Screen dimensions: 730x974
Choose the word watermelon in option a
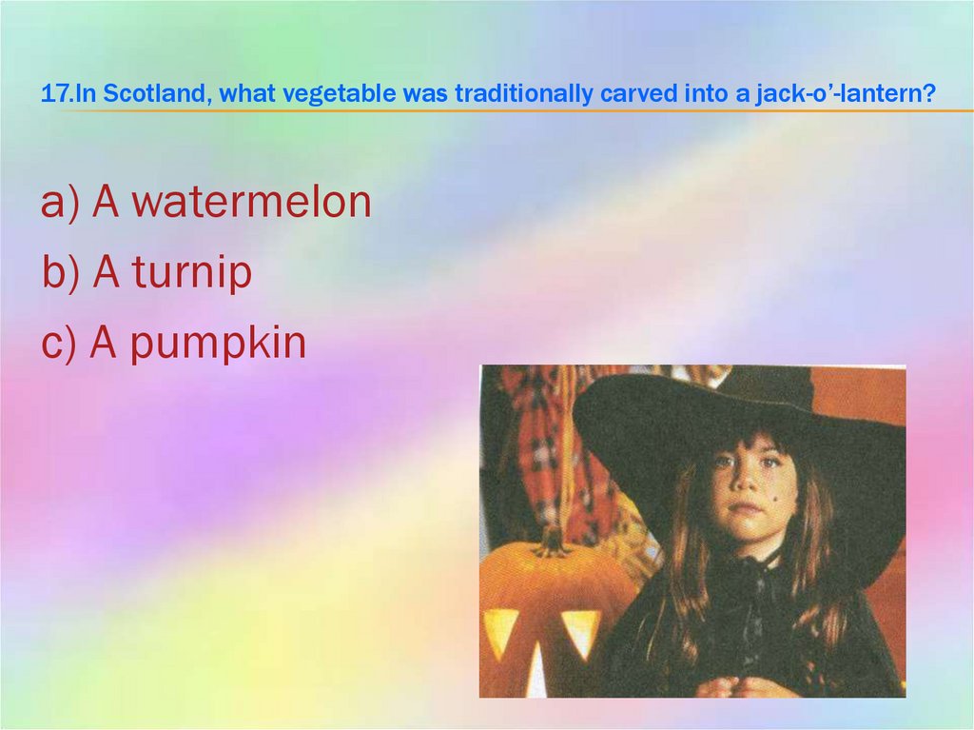pyautogui.click(x=251, y=203)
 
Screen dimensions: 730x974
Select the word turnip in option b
pyautogui.click(x=191, y=274)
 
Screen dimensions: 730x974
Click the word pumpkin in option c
pyautogui.click(x=218, y=345)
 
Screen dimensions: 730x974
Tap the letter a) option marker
pyautogui.click(x=62, y=204)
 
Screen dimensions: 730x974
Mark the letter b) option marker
pyautogui.click(x=63, y=274)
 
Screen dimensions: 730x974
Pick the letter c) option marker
pyautogui.click(x=61, y=345)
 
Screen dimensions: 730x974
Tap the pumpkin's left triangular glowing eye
pyautogui.click(x=500, y=627)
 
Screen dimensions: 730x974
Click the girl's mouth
pyautogui.click(x=750, y=507)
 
